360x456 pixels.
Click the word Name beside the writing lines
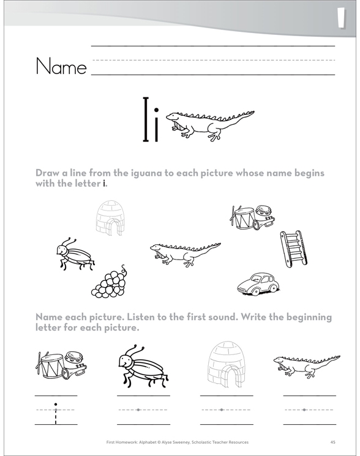point(61,66)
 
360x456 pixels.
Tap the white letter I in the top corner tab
point(342,18)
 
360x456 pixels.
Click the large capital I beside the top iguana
point(146,119)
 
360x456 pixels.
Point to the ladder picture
point(293,249)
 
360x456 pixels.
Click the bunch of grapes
point(110,281)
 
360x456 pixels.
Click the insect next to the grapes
point(75,254)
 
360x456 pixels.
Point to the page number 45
point(333,443)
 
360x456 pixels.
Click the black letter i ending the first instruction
point(104,184)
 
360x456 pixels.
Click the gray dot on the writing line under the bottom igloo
point(222,409)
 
